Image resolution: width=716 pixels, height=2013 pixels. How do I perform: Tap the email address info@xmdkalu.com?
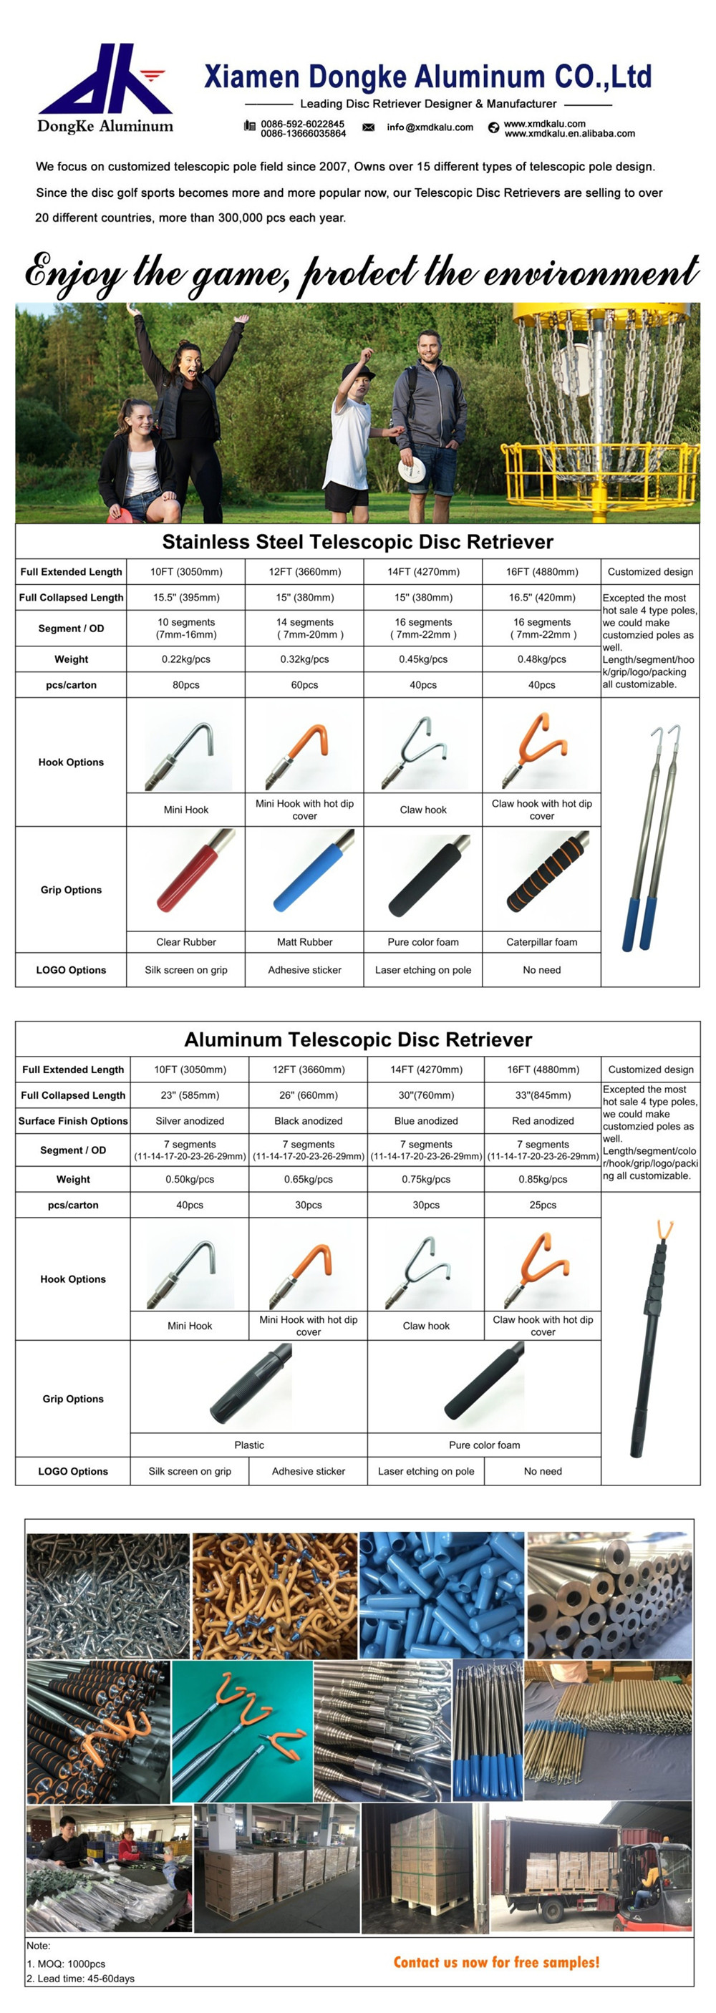[429, 127]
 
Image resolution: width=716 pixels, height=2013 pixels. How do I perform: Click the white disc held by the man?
[411, 470]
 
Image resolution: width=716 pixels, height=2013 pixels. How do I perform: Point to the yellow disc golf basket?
[602, 407]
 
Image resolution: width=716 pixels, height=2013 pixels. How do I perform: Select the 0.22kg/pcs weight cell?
[186, 659]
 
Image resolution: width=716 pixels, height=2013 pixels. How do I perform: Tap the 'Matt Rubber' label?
[305, 942]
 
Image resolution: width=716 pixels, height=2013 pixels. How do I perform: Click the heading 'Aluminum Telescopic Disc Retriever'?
[358, 1039]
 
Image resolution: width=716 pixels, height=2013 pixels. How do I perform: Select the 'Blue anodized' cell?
[426, 1120]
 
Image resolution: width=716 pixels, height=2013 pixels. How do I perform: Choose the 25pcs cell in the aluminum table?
[543, 1205]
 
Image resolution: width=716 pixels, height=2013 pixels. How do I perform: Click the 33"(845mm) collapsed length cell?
[543, 1095]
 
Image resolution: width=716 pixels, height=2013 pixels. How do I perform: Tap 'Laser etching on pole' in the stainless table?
[423, 970]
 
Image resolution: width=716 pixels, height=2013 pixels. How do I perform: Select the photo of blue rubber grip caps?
[442, 1594]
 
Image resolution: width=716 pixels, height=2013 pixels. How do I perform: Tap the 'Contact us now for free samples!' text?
[496, 1962]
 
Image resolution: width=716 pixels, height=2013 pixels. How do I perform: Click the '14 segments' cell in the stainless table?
[305, 629]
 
